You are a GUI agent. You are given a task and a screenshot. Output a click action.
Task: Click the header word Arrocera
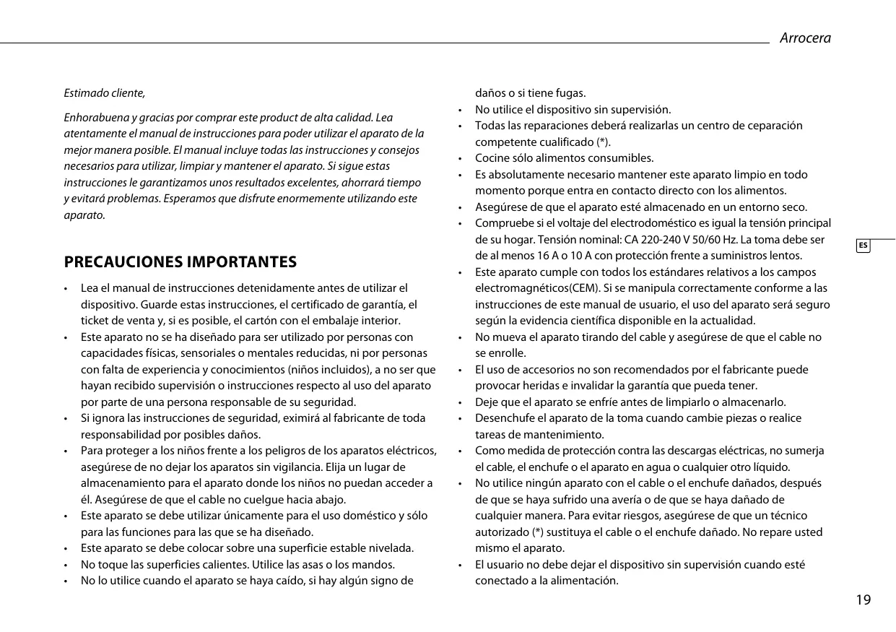pos(805,38)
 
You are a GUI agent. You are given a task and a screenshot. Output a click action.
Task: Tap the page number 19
pos(863,600)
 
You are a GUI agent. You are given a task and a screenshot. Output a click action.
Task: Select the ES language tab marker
pos(863,246)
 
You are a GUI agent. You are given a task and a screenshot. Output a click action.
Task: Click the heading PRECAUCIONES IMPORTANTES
pos(180,261)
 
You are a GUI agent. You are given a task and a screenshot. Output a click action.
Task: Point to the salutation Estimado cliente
pos(105,93)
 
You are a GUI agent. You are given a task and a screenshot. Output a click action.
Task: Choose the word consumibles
pos(617,158)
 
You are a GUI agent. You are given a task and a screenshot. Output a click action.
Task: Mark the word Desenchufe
pos(503,418)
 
